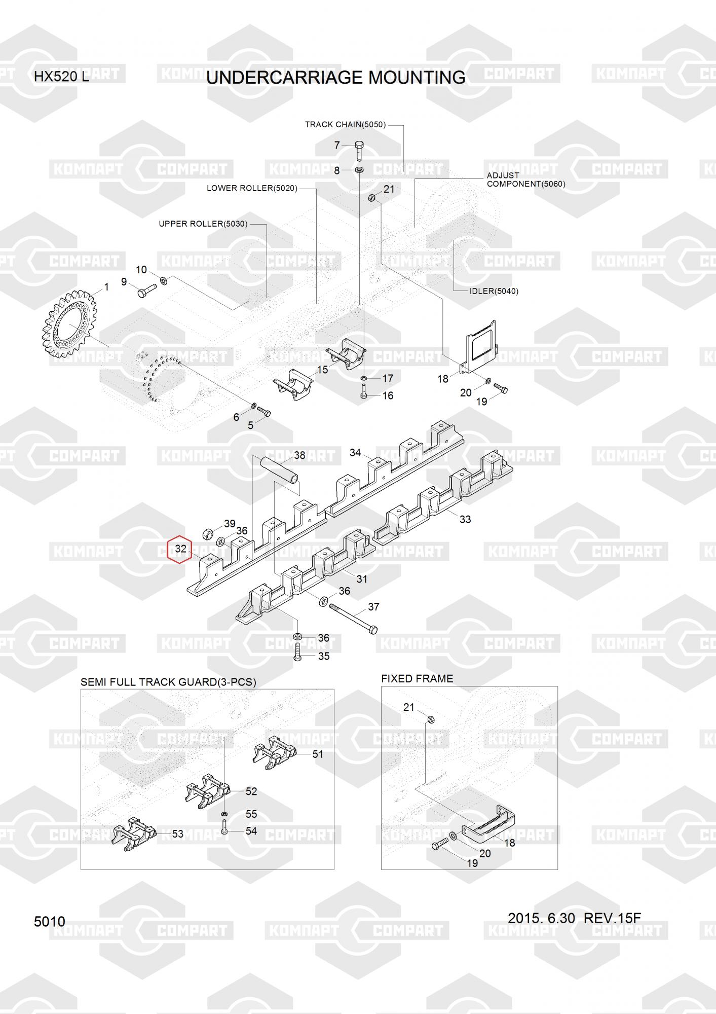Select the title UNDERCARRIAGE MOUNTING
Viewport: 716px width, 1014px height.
click(x=336, y=78)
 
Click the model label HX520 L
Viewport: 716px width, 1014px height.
click(x=61, y=77)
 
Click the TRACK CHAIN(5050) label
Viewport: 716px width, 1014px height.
click(x=345, y=124)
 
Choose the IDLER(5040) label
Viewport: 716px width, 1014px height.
click(x=494, y=291)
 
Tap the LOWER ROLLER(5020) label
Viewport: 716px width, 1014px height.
click(x=252, y=188)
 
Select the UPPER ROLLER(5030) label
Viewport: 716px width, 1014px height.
click(x=203, y=224)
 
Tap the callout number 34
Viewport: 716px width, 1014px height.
click(x=355, y=452)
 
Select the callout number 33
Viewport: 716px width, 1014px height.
click(x=465, y=519)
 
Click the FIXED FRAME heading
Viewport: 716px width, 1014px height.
click(x=417, y=678)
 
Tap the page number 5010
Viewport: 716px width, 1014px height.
click(x=50, y=921)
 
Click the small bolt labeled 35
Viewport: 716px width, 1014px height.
click(x=297, y=651)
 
